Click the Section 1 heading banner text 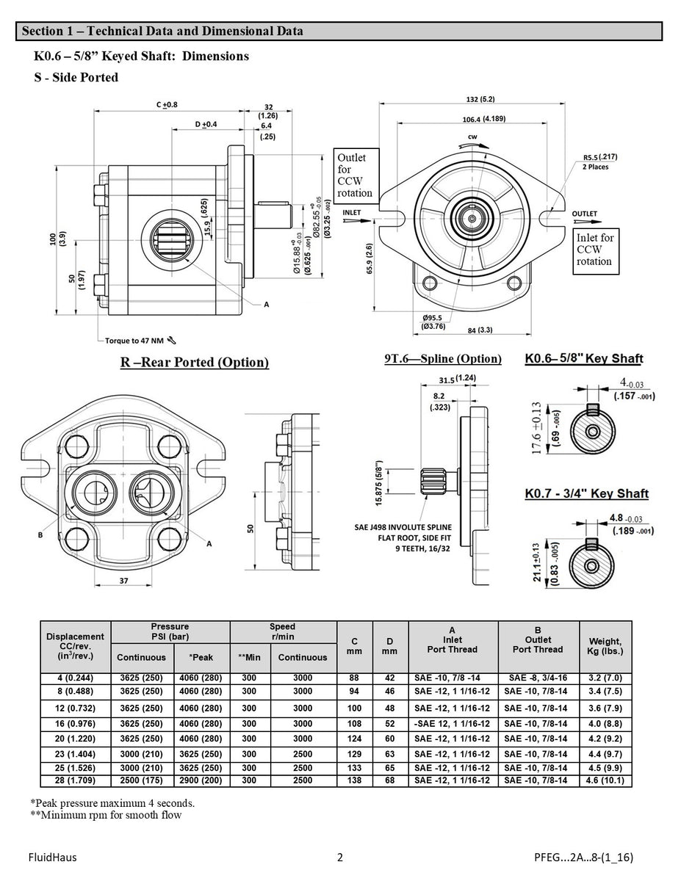162,32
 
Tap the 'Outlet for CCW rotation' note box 356,175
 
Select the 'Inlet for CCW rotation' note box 596,250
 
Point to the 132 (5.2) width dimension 481,100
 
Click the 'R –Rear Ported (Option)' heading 194,362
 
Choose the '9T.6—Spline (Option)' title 442,359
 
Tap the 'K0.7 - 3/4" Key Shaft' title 586,493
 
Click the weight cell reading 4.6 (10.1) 605,780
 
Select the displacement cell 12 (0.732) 75,708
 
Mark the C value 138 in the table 355,780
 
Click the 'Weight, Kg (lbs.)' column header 605,646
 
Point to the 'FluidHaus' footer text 52,856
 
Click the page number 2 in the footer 339,856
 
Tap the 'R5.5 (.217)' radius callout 600,157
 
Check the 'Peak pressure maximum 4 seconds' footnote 112,802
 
